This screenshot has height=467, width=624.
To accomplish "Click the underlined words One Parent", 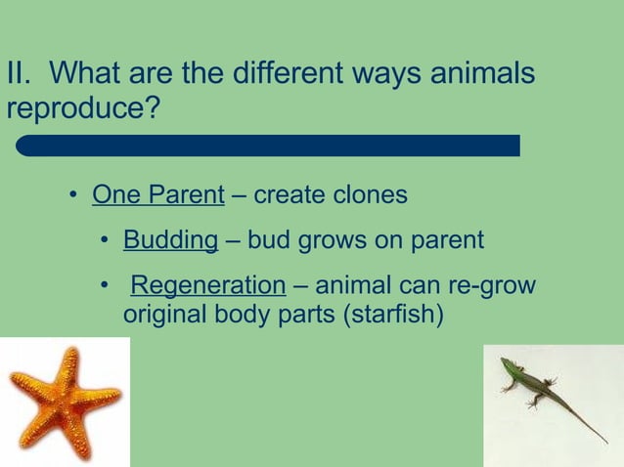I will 158,195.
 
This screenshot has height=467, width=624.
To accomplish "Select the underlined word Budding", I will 170,240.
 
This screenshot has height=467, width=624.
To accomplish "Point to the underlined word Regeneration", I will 207,285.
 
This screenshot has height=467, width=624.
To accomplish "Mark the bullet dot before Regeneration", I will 104,286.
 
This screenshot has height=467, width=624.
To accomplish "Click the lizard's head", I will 505,363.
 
